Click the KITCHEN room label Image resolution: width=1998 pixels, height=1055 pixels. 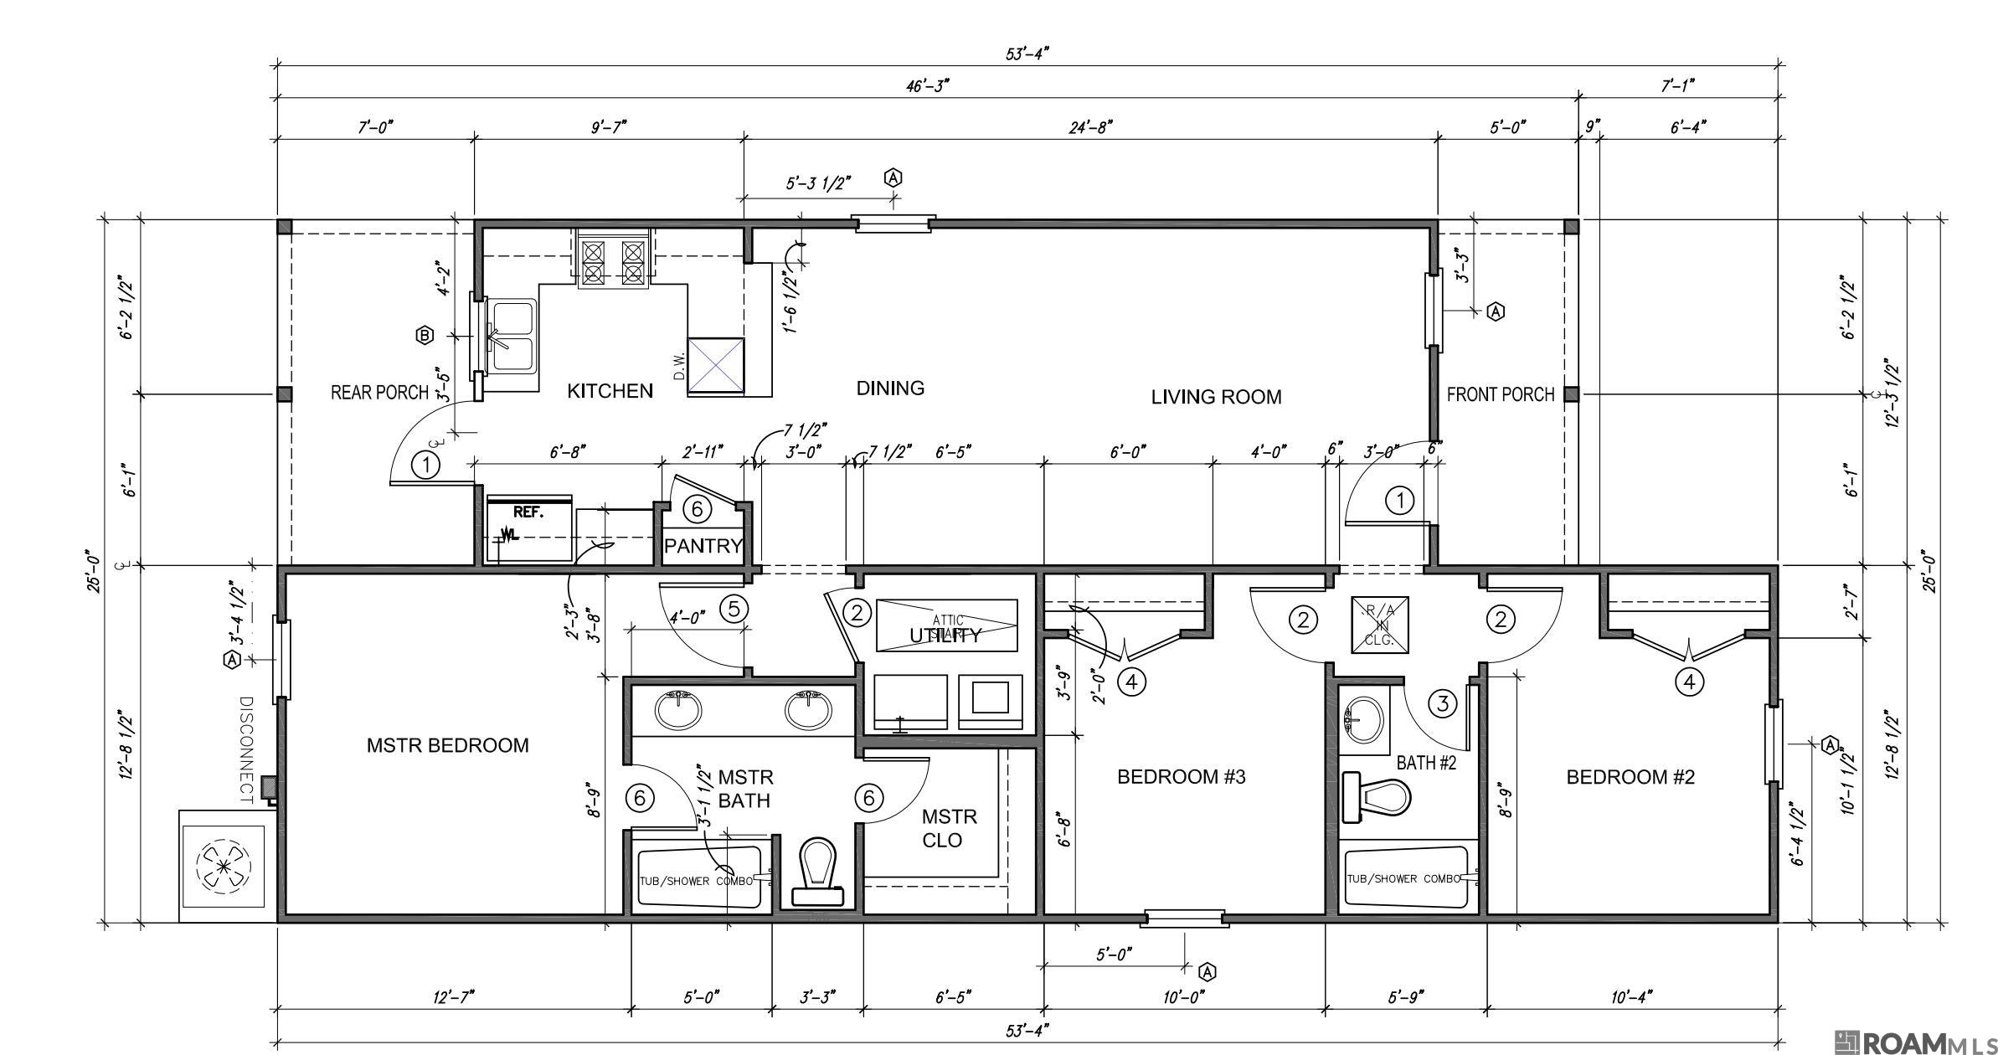pyautogui.click(x=610, y=391)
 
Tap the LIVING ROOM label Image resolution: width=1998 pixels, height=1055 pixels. pyautogui.click(x=1216, y=397)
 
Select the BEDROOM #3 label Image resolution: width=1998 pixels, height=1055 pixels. pyautogui.click(x=1181, y=777)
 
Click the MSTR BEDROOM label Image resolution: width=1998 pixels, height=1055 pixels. pyautogui.click(x=447, y=745)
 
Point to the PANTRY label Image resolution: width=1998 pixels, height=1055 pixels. pyautogui.click(x=703, y=546)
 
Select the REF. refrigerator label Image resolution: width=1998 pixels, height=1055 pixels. pyautogui.click(x=528, y=512)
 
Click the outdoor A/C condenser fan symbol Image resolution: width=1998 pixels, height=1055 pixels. pyautogui.click(x=223, y=865)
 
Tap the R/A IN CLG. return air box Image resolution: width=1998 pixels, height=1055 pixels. pyautogui.click(x=1379, y=624)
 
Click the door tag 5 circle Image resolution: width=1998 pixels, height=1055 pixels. pyautogui.click(x=734, y=609)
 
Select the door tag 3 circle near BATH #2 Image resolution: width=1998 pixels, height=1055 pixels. pyautogui.click(x=1442, y=703)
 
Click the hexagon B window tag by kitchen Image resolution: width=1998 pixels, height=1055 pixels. pyautogui.click(x=425, y=336)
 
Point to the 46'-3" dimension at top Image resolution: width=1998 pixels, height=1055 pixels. pyautogui.click(x=928, y=85)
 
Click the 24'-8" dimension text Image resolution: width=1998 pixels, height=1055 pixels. pyautogui.click(x=1090, y=127)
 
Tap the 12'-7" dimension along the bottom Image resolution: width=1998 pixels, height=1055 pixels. pyautogui.click(x=454, y=996)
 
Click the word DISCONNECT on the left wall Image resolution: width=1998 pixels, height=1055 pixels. pyautogui.click(x=247, y=749)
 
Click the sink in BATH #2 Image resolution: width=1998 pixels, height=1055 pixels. pyautogui.click(x=1363, y=718)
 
